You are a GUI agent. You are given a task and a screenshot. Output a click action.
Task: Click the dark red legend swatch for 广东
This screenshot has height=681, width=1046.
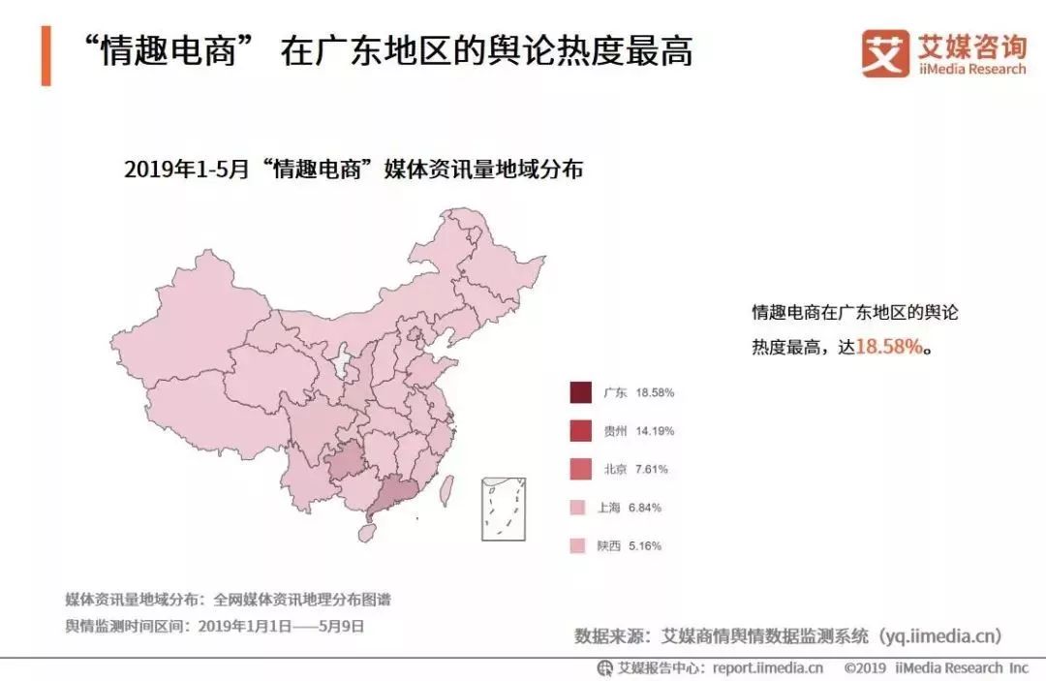point(580,392)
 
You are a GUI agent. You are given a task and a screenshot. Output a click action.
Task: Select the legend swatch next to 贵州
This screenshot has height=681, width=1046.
point(580,430)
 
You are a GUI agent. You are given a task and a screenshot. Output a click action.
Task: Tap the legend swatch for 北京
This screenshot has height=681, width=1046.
point(580,469)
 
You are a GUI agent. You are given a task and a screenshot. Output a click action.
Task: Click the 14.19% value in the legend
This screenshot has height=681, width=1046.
point(655,431)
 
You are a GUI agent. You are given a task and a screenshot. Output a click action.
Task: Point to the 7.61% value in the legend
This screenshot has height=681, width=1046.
point(652,469)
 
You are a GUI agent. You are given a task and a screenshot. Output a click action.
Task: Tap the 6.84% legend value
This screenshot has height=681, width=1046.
point(652,508)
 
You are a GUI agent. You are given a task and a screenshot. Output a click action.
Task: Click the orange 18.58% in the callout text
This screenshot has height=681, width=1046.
point(890,346)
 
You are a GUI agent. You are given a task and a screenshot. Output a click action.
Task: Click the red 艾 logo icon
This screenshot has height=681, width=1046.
point(885,53)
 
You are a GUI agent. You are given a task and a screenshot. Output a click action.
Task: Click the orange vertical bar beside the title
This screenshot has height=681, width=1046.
point(46,56)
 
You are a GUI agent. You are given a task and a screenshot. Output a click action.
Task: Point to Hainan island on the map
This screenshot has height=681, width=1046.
point(367,530)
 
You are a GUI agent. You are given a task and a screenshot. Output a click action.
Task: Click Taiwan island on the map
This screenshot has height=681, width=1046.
point(446,488)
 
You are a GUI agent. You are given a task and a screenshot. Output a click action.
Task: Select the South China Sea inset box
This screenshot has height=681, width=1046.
point(504,508)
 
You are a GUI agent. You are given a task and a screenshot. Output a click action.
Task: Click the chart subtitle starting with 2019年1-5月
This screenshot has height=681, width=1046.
point(354,170)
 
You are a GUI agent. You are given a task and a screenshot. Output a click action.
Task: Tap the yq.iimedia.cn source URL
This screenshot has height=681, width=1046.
point(939,636)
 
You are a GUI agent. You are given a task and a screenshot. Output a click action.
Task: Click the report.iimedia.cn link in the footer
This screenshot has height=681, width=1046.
point(767,667)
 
